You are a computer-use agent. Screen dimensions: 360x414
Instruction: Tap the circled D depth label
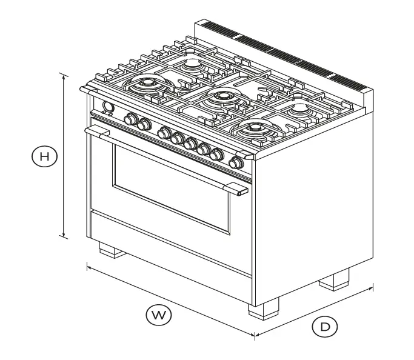(325, 327)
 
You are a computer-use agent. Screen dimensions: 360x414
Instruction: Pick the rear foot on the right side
(335, 281)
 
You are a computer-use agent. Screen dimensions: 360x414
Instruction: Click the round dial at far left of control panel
(109, 108)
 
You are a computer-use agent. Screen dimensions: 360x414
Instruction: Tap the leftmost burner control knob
(130, 119)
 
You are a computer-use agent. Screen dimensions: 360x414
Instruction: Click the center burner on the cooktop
(222, 97)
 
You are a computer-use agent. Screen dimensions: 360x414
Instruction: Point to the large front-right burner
(254, 128)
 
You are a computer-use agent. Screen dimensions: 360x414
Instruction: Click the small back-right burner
(300, 110)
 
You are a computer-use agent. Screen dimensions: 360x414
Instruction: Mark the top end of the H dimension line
(64, 73)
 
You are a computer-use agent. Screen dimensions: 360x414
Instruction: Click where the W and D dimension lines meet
(254, 334)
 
